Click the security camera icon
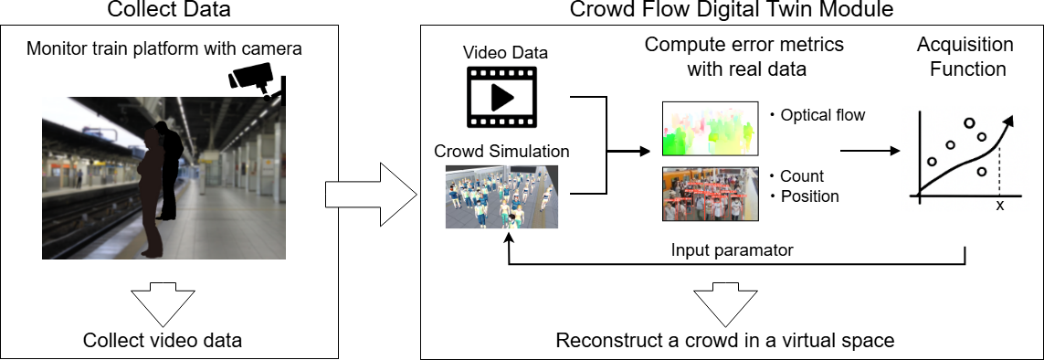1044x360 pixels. pyautogui.click(x=257, y=80)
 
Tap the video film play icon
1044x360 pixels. pyautogui.click(x=501, y=97)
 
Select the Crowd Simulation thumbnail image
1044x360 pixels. pyautogui.click(x=501, y=196)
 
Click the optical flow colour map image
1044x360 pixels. pyautogui.click(x=710, y=129)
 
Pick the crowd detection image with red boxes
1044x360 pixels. pyautogui.click(x=710, y=194)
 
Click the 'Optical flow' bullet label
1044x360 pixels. pyautogui.click(x=817, y=115)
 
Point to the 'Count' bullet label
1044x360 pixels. pyautogui.click(x=796, y=176)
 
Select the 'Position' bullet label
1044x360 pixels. pyautogui.click(x=804, y=196)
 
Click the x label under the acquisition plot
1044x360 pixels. pyautogui.click(x=999, y=206)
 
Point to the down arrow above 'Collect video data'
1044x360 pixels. pyautogui.click(x=162, y=303)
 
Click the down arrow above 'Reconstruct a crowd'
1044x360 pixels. pyautogui.click(x=726, y=303)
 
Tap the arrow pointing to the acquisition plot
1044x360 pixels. pyautogui.click(x=869, y=151)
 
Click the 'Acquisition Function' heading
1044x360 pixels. pyautogui.click(x=965, y=58)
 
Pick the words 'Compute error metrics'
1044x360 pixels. pyautogui.click(x=744, y=46)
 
